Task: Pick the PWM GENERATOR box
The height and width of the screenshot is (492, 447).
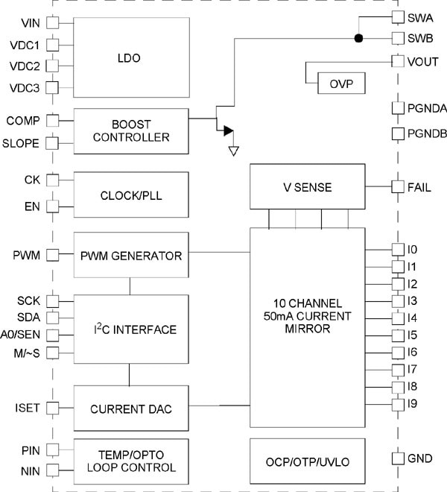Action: coord(130,256)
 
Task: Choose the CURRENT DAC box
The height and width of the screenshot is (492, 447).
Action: coord(130,408)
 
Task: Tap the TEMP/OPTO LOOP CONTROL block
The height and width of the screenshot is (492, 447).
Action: coord(130,462)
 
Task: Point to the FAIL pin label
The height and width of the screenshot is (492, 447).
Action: coord(419,188)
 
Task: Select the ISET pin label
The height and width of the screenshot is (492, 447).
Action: coord(28,408)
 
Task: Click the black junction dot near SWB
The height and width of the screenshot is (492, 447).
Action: coord(358,38)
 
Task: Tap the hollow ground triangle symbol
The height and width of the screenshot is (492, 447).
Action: coord(233,151)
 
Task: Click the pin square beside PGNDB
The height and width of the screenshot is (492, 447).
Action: coord(398,134)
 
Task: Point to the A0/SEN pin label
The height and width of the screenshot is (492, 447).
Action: coord(23,335)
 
